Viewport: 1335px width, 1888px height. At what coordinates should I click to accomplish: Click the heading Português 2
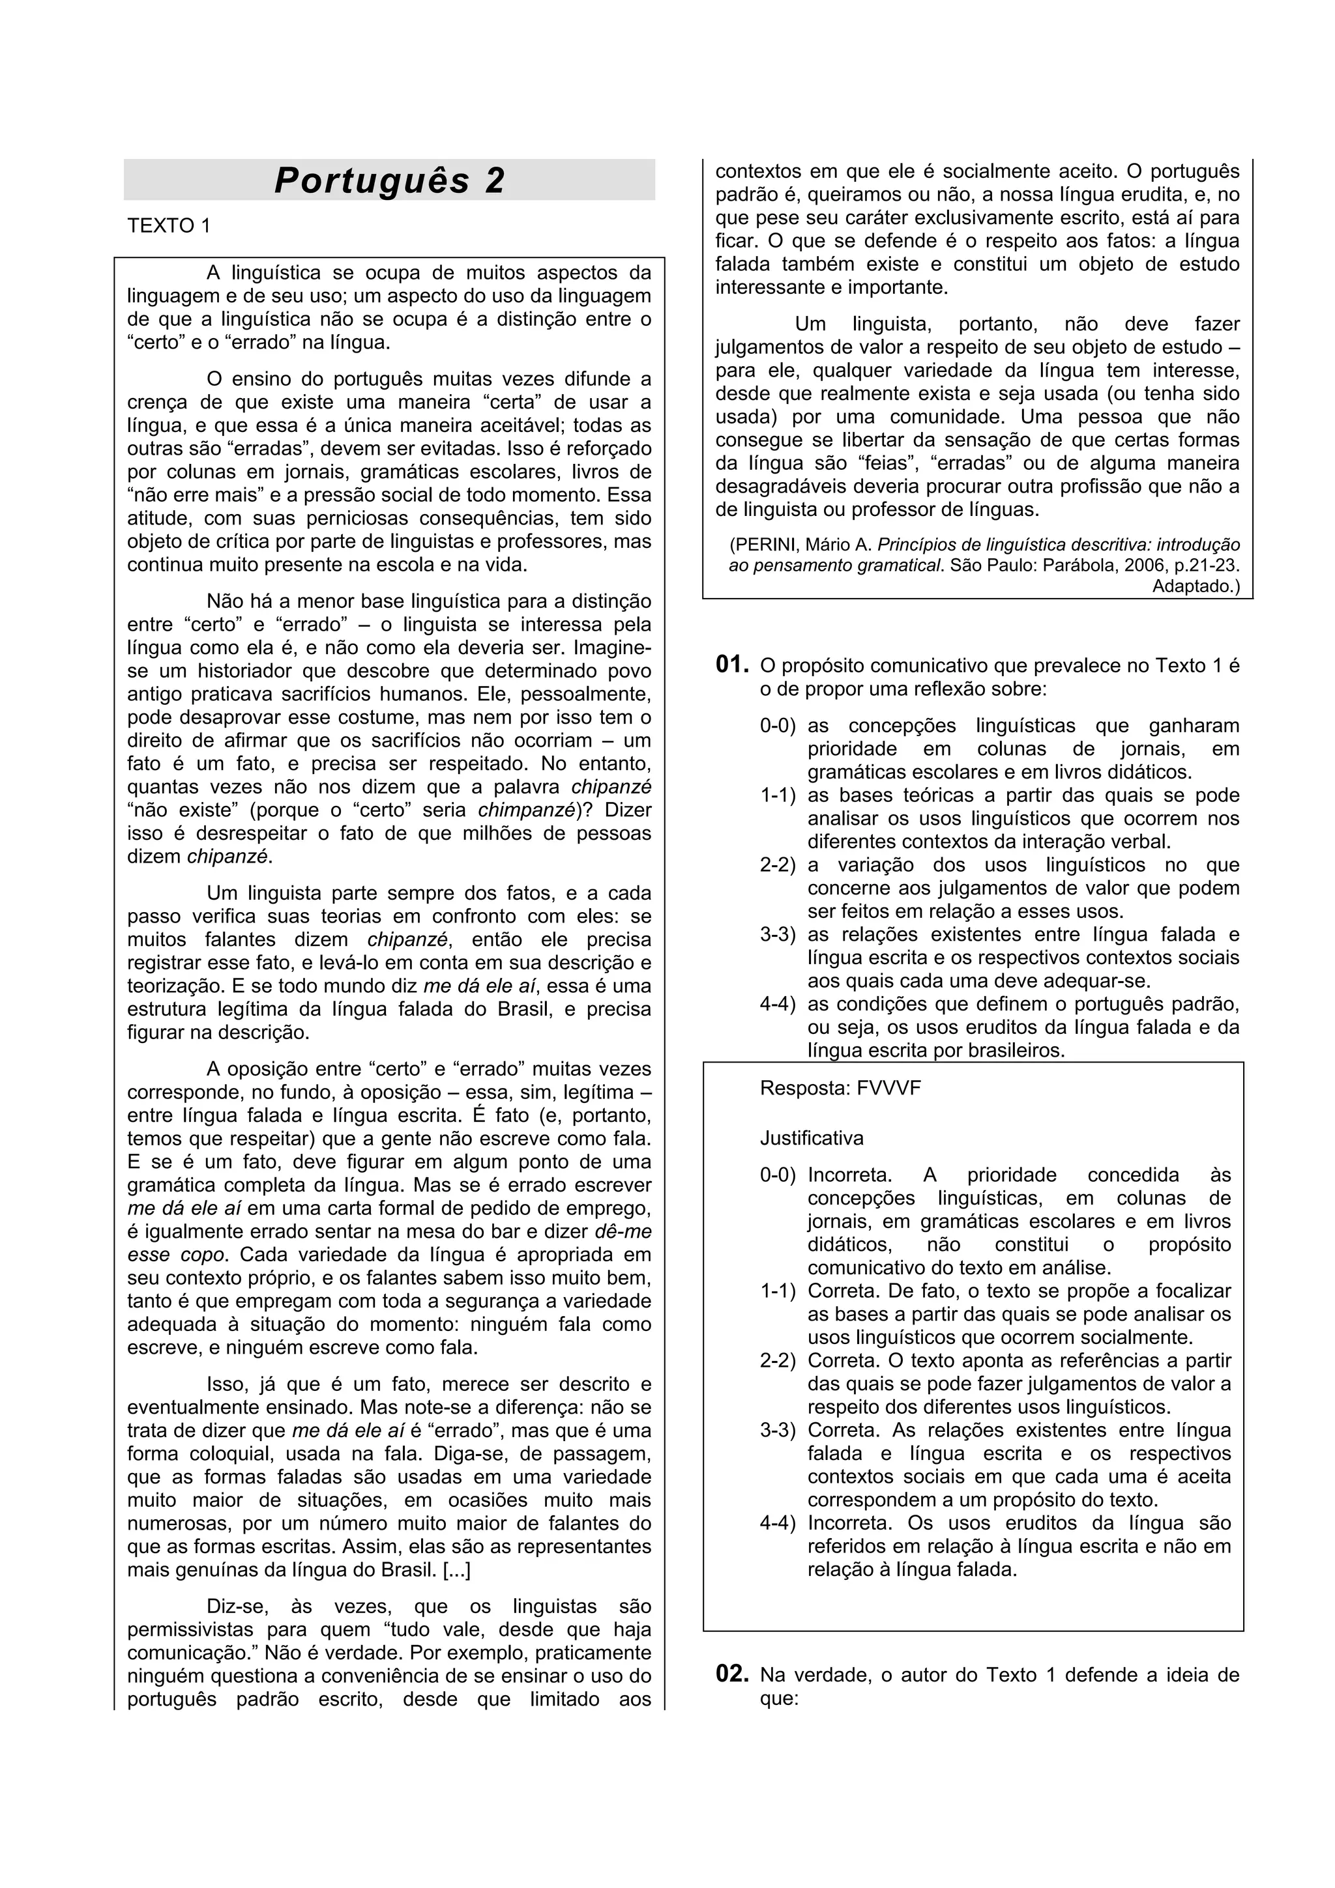(x=389, y=180)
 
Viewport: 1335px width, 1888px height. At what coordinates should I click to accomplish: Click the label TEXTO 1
(x=169, y=225)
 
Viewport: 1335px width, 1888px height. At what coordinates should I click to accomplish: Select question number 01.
(x=732, y=665)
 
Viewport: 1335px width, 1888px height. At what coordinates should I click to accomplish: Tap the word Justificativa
(x=811, y=1138)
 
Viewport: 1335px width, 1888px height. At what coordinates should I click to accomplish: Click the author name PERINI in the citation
(x=764, y=545)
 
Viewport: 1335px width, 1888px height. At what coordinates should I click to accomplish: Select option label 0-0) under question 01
(x=778, y=726)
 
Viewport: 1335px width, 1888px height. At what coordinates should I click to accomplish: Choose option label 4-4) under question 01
(x=778, y=1004)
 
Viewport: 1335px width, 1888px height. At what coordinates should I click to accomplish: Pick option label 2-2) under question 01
(x=778, y=865)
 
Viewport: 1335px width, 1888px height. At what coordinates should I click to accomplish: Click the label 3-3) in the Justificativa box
(x=778, y=1430)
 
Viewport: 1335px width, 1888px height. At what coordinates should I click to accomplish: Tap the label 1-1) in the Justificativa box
(x=778, y=1291)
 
